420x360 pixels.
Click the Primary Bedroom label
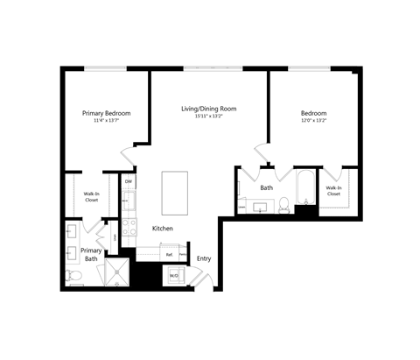tap(107, 114)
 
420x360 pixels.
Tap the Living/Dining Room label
tap(208, 109)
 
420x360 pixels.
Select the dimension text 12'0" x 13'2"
tap(313, 121)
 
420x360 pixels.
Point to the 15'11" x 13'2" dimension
tap(208, 117)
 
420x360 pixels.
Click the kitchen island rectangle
tap(174, 192)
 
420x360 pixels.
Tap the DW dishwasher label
tap(128, 181)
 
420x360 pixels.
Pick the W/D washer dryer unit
tap(174, 276)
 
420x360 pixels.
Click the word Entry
tap(203, 258)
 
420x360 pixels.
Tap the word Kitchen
tap(163, 229)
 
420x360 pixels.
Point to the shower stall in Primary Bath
tap(115, 272)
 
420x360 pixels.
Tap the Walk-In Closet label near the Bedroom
tap(333, 190)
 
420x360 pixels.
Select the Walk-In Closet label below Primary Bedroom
tap(91, 197)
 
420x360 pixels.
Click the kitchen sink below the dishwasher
tap(128, 203)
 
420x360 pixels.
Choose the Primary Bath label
tap(91, 254)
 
